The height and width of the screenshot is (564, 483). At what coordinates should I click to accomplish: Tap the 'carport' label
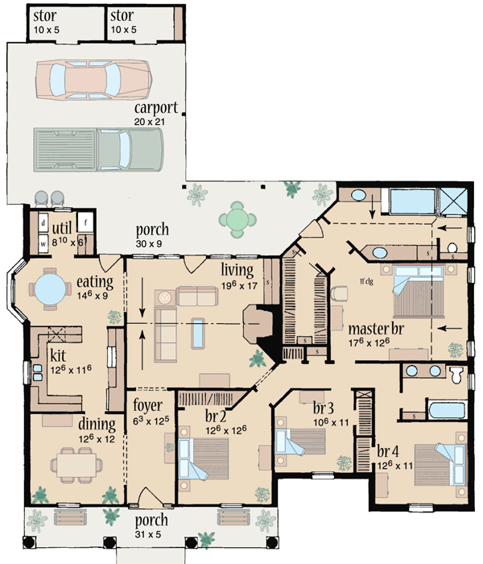pyautogui.click(x=157, y=108)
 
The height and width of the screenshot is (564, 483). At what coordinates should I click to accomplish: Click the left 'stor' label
pyautogui.click(x=44, y=16)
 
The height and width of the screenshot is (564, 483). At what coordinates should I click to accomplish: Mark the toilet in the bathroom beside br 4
pyautogui.click(x=456, y=374)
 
